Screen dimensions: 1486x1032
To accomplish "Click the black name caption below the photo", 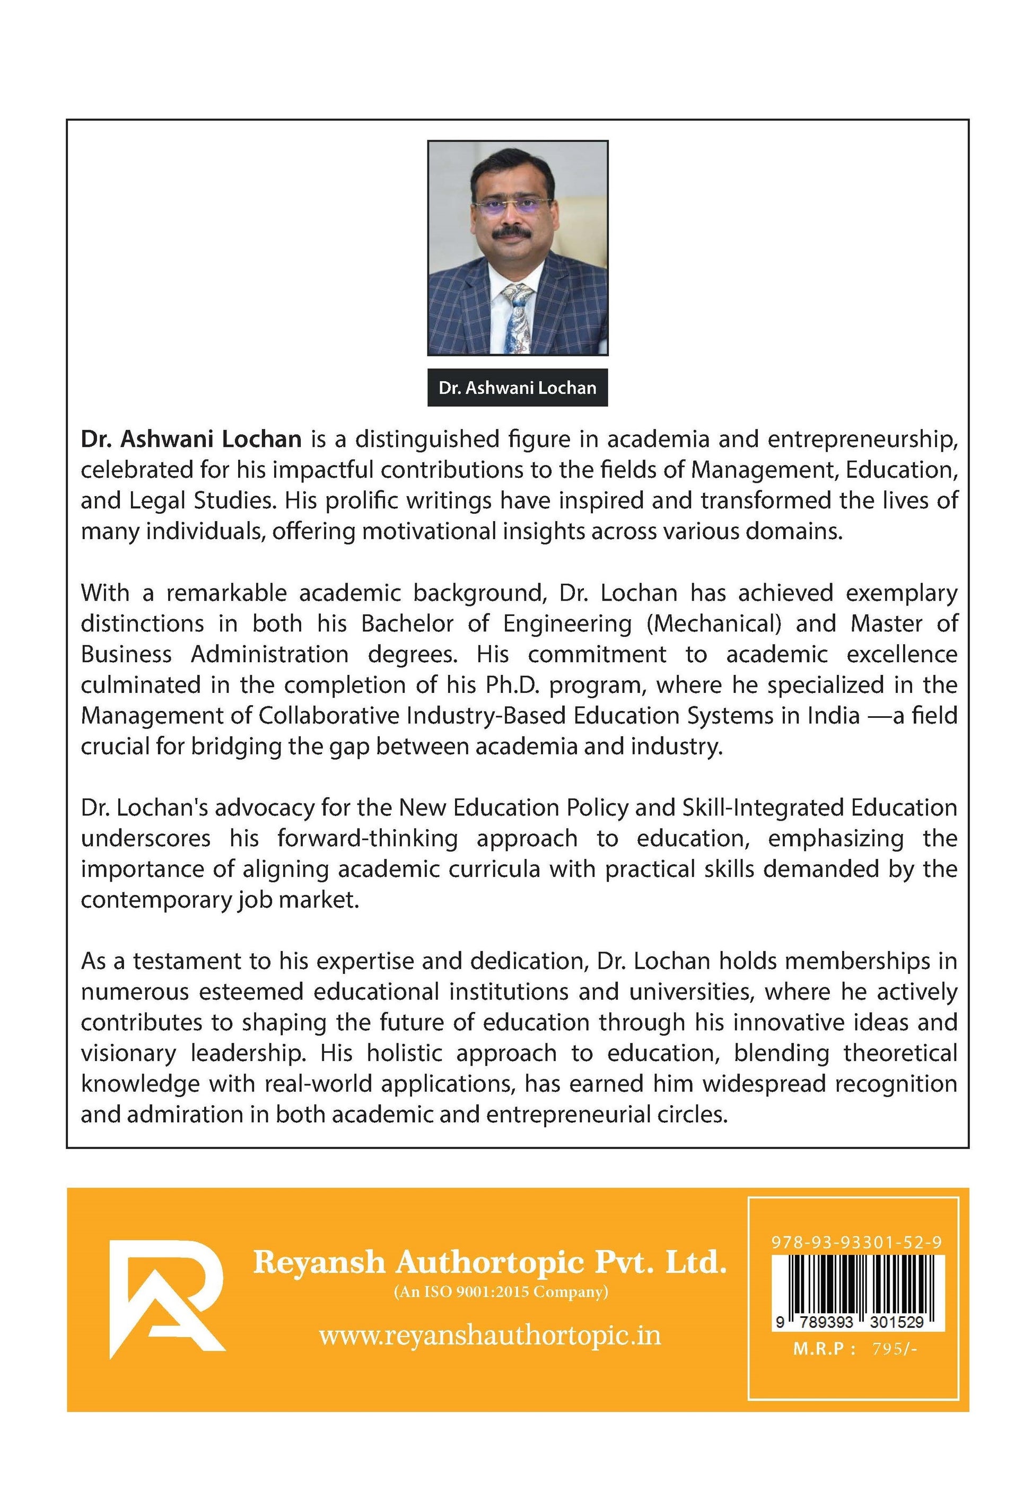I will pos(517,388).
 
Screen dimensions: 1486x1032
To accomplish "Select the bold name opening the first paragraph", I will pos(191,439).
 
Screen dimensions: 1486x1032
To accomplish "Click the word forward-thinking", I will pos(368,838).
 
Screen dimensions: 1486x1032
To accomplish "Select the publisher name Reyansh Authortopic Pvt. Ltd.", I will pos(489,1262).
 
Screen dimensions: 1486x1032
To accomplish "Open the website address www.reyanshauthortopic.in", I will pos(489,1335).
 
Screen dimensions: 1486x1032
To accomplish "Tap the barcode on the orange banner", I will pos(858,1285).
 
